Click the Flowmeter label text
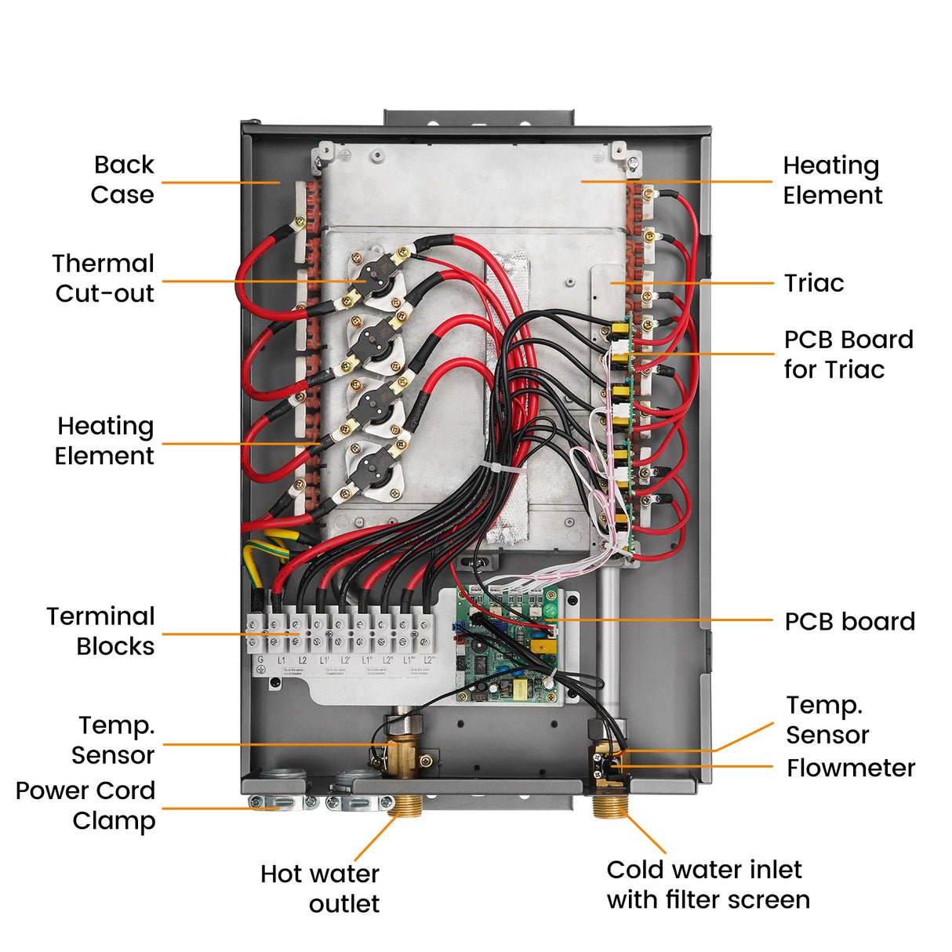(850, 768)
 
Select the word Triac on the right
(814, 283)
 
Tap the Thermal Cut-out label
(104, 278)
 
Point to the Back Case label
(122, 180)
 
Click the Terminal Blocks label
(101, 631)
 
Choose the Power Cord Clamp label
(86, 805)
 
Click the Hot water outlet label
(320, 888)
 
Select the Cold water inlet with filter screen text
(707, 885)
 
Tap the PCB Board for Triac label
(848, 354)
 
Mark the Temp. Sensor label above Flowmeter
(827, 720)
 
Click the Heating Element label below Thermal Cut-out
(104, 441)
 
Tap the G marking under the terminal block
(261, 660)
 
